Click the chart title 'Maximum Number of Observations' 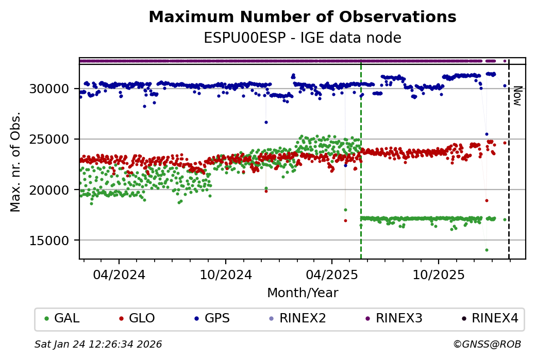coord(302,18)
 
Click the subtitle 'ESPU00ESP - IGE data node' coord(302,38)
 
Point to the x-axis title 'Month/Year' coord(303,293)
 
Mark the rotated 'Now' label coord(517,96)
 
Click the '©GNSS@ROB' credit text coord(487,344)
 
